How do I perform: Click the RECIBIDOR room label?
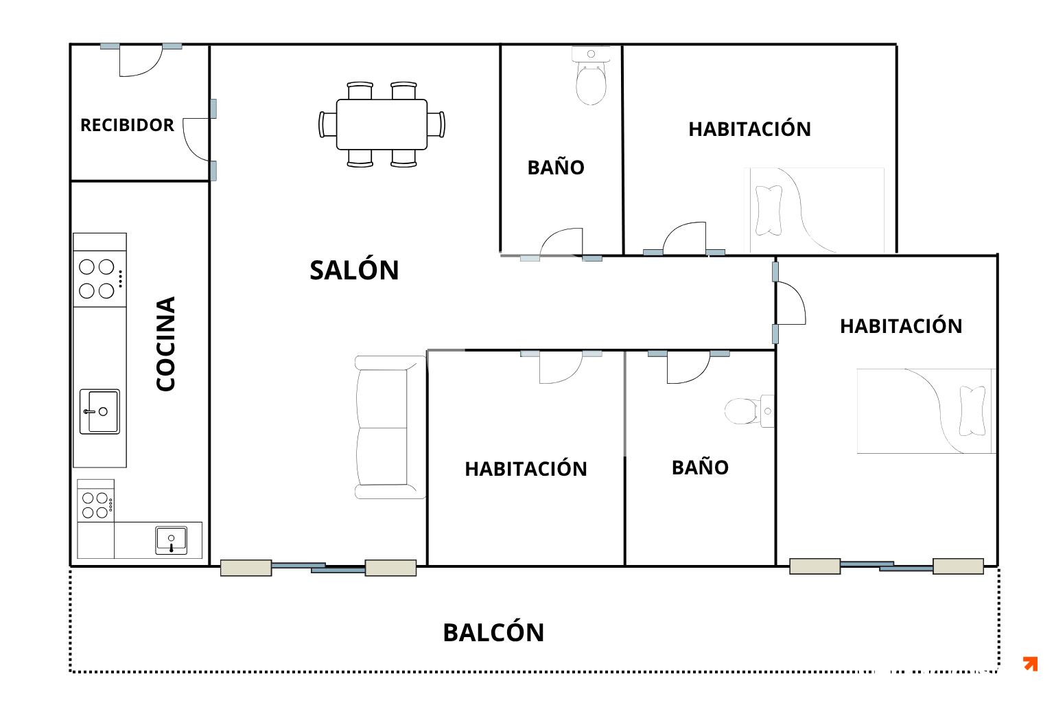click(x=127, y=125)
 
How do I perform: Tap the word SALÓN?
click(x=354, y=270)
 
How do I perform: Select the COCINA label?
click(x=165, y=344)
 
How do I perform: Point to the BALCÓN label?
click(x=493, y=632)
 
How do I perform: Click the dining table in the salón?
click(x=382, y=124)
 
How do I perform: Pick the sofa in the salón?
click(x=390, y=427)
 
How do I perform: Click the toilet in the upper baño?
click(x=591, y=76)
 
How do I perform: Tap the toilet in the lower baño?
click(x=749, y=411)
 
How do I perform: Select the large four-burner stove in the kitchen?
click(x=99, y=279)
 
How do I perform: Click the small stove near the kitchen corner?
click(x=95, y=505)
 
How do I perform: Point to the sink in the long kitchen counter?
click(x=99, y=411)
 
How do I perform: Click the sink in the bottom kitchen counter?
click(x=172, y=540)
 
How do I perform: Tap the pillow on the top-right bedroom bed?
click(x=769, y=211)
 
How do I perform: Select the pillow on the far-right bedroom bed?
click(x=972, y=411)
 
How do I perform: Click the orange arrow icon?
click(x=1031, y=663)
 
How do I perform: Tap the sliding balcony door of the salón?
click(x=318, y=567)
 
